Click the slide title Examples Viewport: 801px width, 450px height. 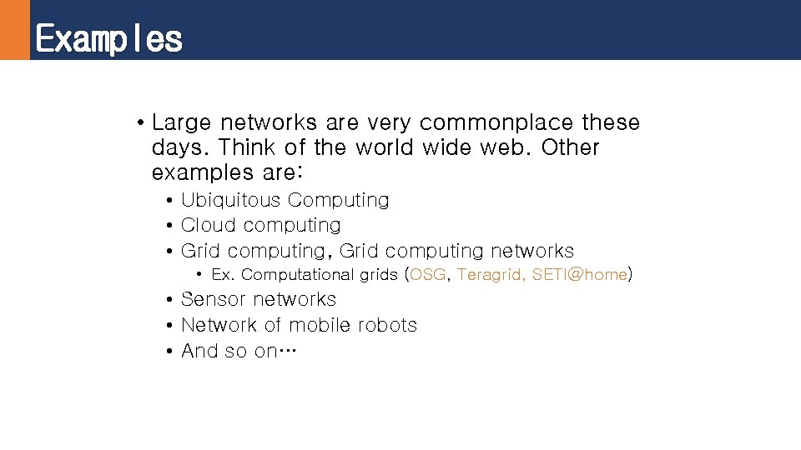tap(108, 38)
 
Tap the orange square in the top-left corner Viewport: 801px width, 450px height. tap(14, 29)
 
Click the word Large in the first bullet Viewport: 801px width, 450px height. tap(181, 123)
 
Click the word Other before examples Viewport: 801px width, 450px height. tap(570, 147)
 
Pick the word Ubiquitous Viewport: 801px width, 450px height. tap(231, 201)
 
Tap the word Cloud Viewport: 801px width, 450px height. tap(203, 225)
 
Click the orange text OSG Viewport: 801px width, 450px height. tap(427, 275)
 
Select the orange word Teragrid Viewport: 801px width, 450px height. tap(488, 275)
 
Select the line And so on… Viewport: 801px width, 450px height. tap(239, 351)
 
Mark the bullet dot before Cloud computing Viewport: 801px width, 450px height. tap(169, 226)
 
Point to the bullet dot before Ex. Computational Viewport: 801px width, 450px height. tap(200, 275)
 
